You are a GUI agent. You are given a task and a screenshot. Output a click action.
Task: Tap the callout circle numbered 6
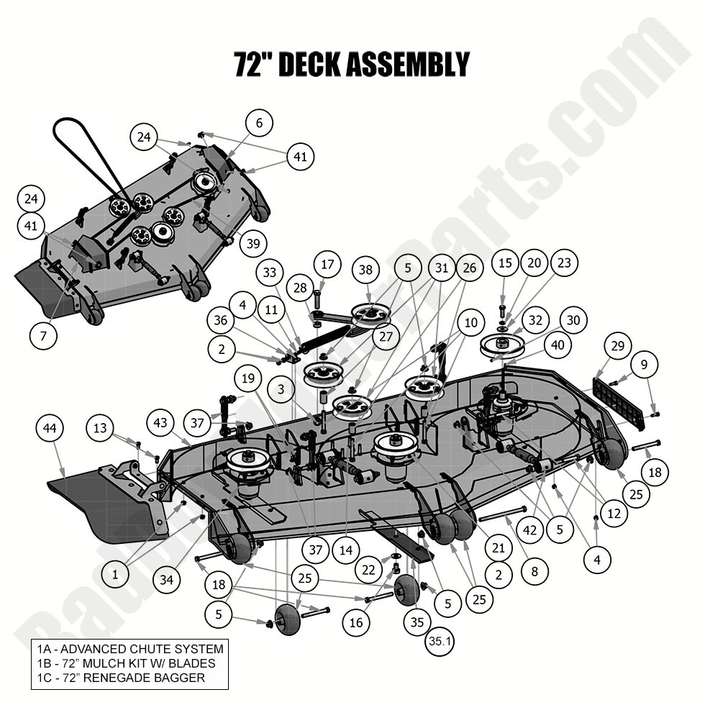259,123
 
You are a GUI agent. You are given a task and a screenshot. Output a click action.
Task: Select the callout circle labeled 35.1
439,642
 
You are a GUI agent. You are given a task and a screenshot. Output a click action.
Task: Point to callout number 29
617,346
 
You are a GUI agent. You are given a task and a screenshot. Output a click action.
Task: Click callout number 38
366,270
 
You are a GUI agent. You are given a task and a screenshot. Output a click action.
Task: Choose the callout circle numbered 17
327,264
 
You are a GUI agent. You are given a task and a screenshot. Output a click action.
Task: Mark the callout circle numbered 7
44,335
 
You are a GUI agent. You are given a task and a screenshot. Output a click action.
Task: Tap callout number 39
253,243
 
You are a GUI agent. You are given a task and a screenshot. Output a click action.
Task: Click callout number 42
530,530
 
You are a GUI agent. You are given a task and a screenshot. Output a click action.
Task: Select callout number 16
357,623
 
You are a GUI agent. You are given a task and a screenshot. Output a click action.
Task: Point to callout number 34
167,580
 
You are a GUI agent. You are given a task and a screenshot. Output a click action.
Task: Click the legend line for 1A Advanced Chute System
130,649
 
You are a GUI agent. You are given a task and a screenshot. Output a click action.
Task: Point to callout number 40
558,345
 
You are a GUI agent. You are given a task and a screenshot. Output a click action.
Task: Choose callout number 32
535,320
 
